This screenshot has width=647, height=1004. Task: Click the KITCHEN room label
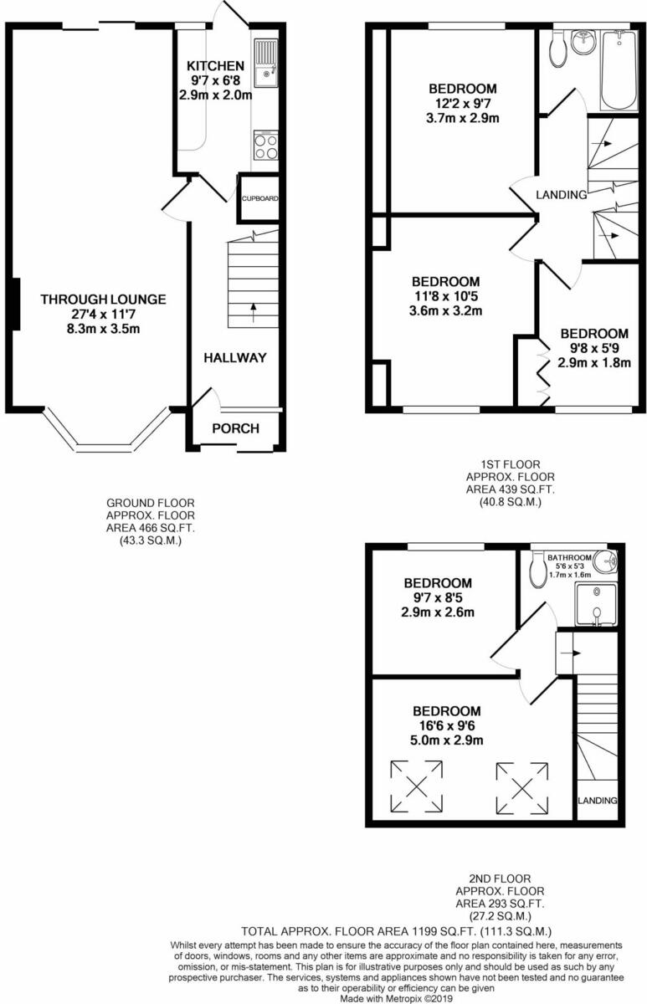click(215, 66)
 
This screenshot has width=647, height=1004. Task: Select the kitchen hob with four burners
click(265, 147)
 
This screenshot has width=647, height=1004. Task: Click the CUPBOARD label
click(259, 199)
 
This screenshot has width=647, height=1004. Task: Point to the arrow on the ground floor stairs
click(253, 313)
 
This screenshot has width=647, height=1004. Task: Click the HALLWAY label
click(234, 357)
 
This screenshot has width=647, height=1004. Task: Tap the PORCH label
click(235, 428)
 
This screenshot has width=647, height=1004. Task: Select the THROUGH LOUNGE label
click(103, 300)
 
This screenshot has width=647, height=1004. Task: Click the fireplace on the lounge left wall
click(14, 303)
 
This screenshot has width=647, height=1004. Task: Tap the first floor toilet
click(558, 49)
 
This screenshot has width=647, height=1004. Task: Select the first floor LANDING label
click(561, 195)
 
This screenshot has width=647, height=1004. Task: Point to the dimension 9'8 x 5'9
click(594, 348)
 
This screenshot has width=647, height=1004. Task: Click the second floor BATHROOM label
click(570, 557)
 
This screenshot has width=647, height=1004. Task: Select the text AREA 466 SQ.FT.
click(150, 529)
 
